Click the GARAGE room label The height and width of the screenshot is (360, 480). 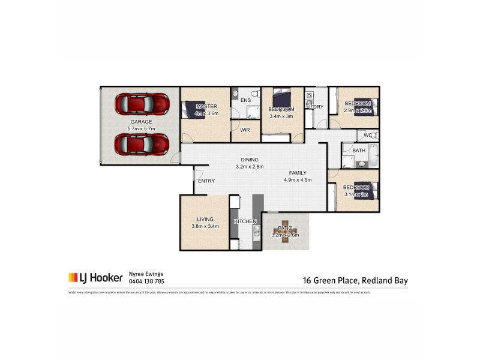click(142, 122)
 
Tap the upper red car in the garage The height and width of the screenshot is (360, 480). click(142, 104)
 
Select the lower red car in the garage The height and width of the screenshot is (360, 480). click(142, 144)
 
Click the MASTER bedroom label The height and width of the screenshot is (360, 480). click(206, 106)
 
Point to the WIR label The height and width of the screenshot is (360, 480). click(245, 130)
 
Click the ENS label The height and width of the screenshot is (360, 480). click(245, 100)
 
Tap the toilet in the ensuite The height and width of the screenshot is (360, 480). click(254, 94)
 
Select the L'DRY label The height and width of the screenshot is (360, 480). click(316, 107)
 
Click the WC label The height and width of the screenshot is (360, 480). click(367, 136)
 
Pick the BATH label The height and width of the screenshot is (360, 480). click(359, 151)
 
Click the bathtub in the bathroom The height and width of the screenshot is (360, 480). click(373, 155)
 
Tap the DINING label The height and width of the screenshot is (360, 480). click(250, 159)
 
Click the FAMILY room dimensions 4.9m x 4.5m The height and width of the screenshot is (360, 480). click(298, 179)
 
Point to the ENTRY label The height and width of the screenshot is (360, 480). click(206, 181)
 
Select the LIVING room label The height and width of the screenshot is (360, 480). click(205, 219)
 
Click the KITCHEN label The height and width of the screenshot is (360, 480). click(245, 221)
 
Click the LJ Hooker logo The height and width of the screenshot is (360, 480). click(95, 277)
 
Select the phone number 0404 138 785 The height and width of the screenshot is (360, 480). click(146, 281)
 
